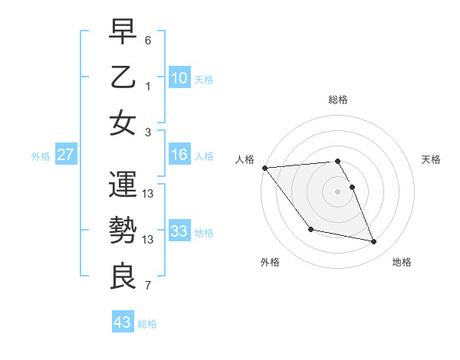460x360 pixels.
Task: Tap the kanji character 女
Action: (x=123, y=123)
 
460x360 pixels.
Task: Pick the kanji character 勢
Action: (x=123, y=231)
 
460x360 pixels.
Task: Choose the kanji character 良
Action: (x=123, y=277)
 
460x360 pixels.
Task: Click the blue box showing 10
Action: (x=179, y=77)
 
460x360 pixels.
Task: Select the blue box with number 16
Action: (x=179, y=155)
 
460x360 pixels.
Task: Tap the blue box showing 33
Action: (x=179, y=231)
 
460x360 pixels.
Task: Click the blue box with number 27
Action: (x=66, y=155)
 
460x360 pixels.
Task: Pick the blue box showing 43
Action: (x=123, y=322)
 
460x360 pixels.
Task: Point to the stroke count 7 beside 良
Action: (x=148, y=286)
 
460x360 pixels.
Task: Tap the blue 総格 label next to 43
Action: (x=148, y=324)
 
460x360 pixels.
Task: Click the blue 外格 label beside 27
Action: (x=41, y=156)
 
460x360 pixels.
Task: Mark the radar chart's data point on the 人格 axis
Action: (x=264, y=168)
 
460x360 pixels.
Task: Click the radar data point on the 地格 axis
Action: (x=374, y=242)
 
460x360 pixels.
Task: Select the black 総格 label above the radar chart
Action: (x=338, y=100)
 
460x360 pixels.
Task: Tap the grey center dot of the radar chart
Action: (x=338, y=191)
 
